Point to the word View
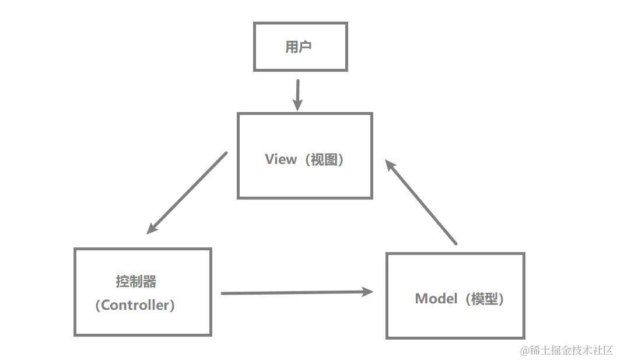tap(281, 159)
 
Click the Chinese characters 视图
tap(324, 159)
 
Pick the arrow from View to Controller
tap(187, 193)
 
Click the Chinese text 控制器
tap(136, 281)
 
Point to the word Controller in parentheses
tap(135, 305)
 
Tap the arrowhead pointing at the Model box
tap(368, 292)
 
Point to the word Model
tap(436, 299)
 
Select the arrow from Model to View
tap(421, 202)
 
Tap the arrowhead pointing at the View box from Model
tap(390, 166)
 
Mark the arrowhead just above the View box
tap(297, 106)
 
